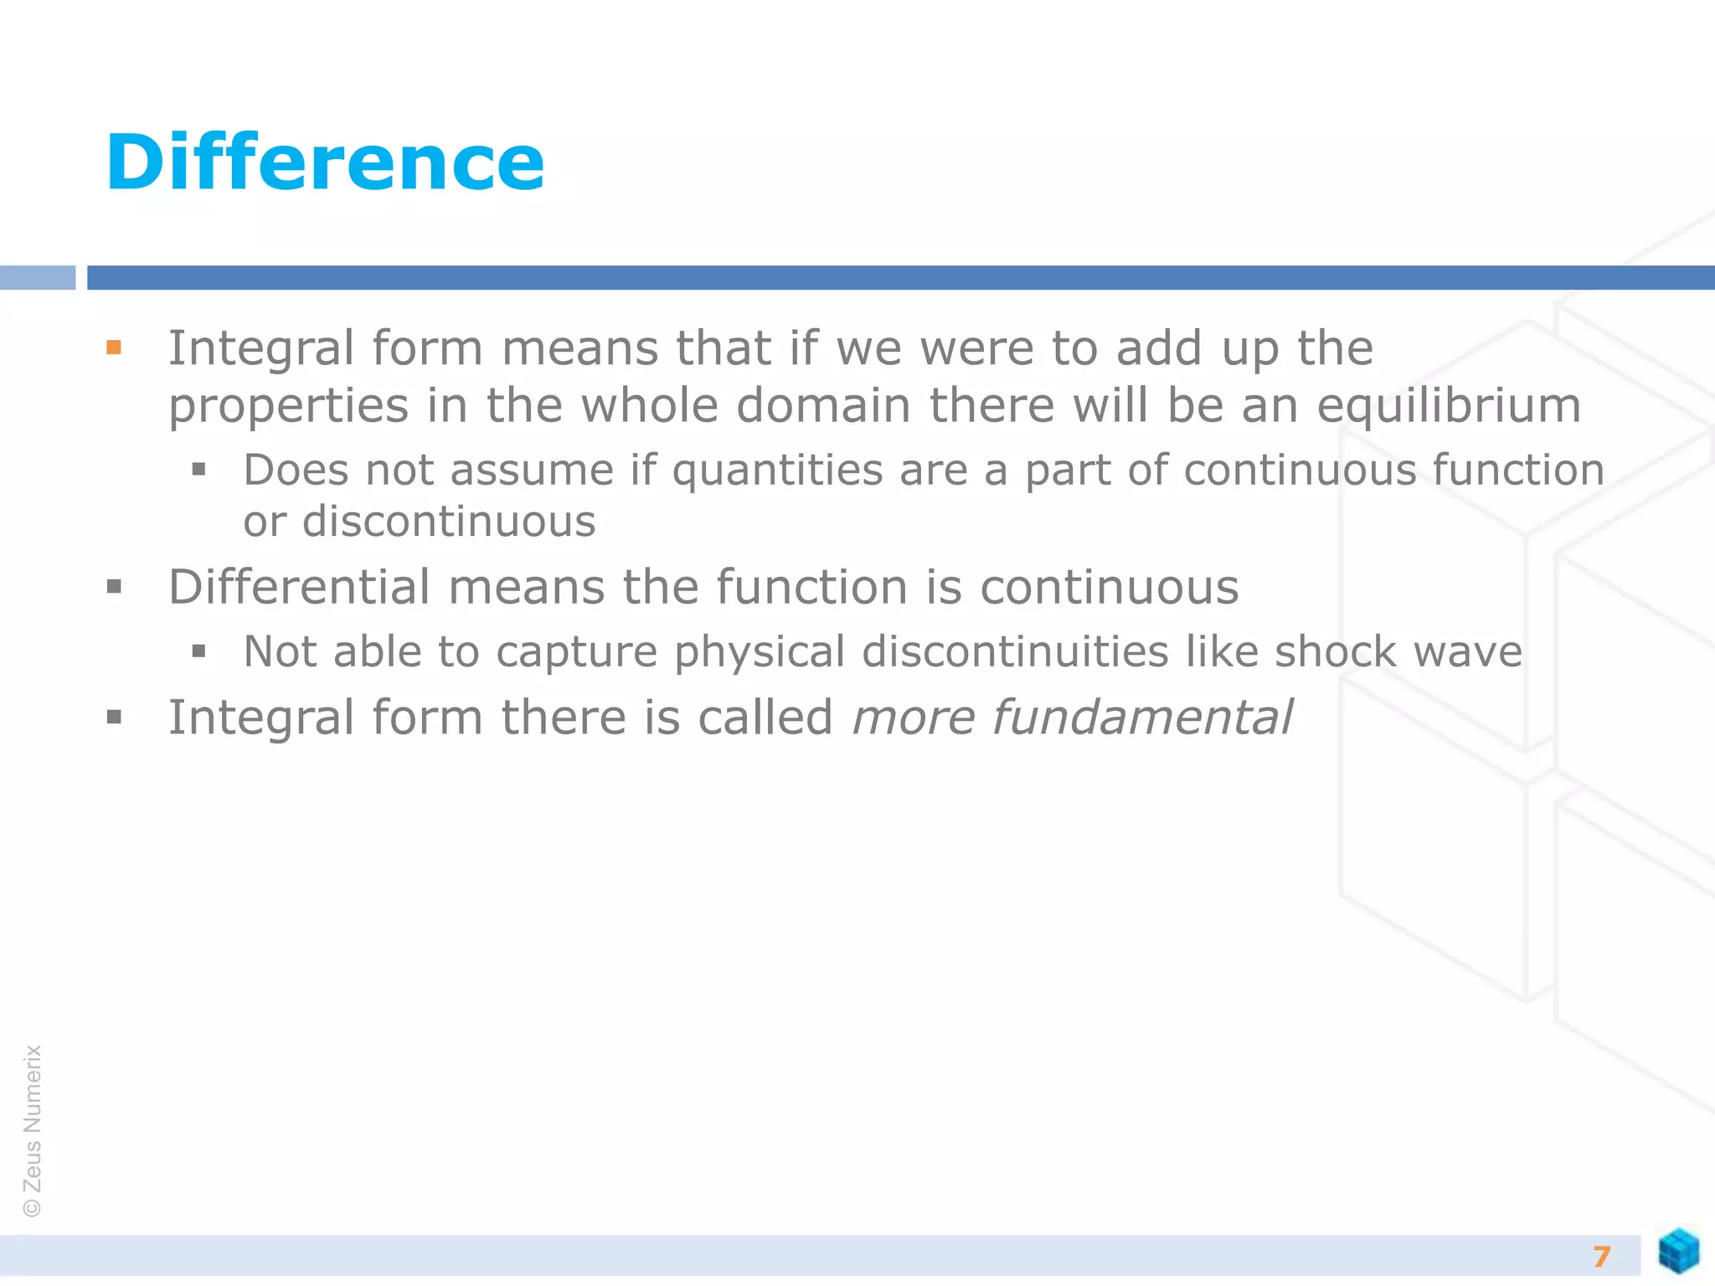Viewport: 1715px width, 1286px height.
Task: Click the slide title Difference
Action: click(325, 162)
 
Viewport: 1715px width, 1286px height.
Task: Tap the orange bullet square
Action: click(115, 347)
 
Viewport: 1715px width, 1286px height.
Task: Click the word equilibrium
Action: click(1448, 406)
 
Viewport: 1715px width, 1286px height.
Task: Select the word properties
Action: click(289, 408)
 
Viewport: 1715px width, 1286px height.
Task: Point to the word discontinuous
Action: click(449, 522)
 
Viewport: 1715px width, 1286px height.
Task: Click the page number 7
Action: click(1601, 1256)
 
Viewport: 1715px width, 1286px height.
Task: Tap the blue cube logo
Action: click(1678, 1251)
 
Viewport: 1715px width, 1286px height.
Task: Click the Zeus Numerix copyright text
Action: click(33, 1130)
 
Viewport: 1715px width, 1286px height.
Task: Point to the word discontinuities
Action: click(1015, 651)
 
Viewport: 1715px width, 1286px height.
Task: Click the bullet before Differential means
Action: click(115, 587)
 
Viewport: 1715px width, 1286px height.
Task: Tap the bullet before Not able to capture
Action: click(198, 651)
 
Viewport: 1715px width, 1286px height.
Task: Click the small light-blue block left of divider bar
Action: click(38, 277)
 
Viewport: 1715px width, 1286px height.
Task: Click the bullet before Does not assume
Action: click(198, 469)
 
